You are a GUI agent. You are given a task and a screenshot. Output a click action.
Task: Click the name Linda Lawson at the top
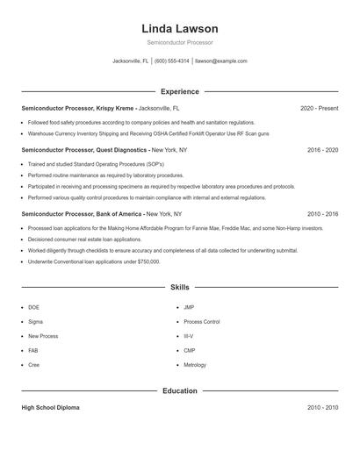pyautogui.click(x=179, y=29)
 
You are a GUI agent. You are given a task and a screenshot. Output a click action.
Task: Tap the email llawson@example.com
pyautogui.click(x=221, y=61)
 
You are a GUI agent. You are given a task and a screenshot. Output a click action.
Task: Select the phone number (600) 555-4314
pyautogui.click(x=172, y=61)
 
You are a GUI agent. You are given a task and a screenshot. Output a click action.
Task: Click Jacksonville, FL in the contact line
pyautogui.click(x=131, y=61)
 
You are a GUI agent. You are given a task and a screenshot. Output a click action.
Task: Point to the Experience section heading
pyautogui.click(x=179, y=91)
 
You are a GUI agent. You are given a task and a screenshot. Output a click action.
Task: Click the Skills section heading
pyautogui.click(x=179, y=287)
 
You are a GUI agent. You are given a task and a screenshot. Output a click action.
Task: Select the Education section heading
pyautogui.click(x=179, y=390)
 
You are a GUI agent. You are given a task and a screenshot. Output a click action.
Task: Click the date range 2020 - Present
pyautogui.click(x=319, y=108)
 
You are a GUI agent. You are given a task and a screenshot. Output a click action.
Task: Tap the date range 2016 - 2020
pyautogui.click(x=322, y=150)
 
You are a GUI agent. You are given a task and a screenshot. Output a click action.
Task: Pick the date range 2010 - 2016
pyautogui.click(x=322, y=213)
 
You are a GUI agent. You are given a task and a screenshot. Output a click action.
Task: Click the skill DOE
pyautogui.click(x=33, y=307)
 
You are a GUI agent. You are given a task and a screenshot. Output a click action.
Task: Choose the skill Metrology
pyautogui.click(x=195, y=363)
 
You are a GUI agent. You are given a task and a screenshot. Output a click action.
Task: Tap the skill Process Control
pyautogui.click(x=201, y=321)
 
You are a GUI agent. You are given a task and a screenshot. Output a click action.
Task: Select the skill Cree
pyautogui.click(x=33, y=363)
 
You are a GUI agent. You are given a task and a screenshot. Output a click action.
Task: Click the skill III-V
pyautogui.click(x=188, y=335)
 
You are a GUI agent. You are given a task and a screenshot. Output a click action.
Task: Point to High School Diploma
pyautogui.click(x=50, y=408)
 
